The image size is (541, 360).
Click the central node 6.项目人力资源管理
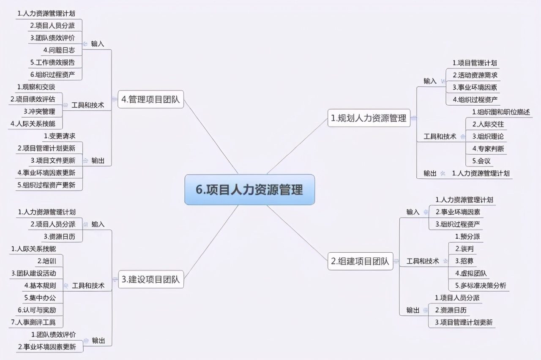point(249,190)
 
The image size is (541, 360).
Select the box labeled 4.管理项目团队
point(150,100)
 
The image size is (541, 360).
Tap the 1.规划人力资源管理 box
point(368,118)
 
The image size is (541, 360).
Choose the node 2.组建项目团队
point(360,261)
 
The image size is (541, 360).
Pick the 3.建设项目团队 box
point(150,279)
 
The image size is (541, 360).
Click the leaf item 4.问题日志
point(59,50)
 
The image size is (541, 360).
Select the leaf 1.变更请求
point(60,136)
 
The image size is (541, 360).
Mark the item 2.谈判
point(464,249)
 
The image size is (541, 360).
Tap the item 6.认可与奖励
point(37,310)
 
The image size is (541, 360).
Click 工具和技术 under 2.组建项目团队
point(423,261)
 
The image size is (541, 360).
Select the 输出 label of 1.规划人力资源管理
point(430,173)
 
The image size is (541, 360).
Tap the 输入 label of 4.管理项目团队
point(98,44)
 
